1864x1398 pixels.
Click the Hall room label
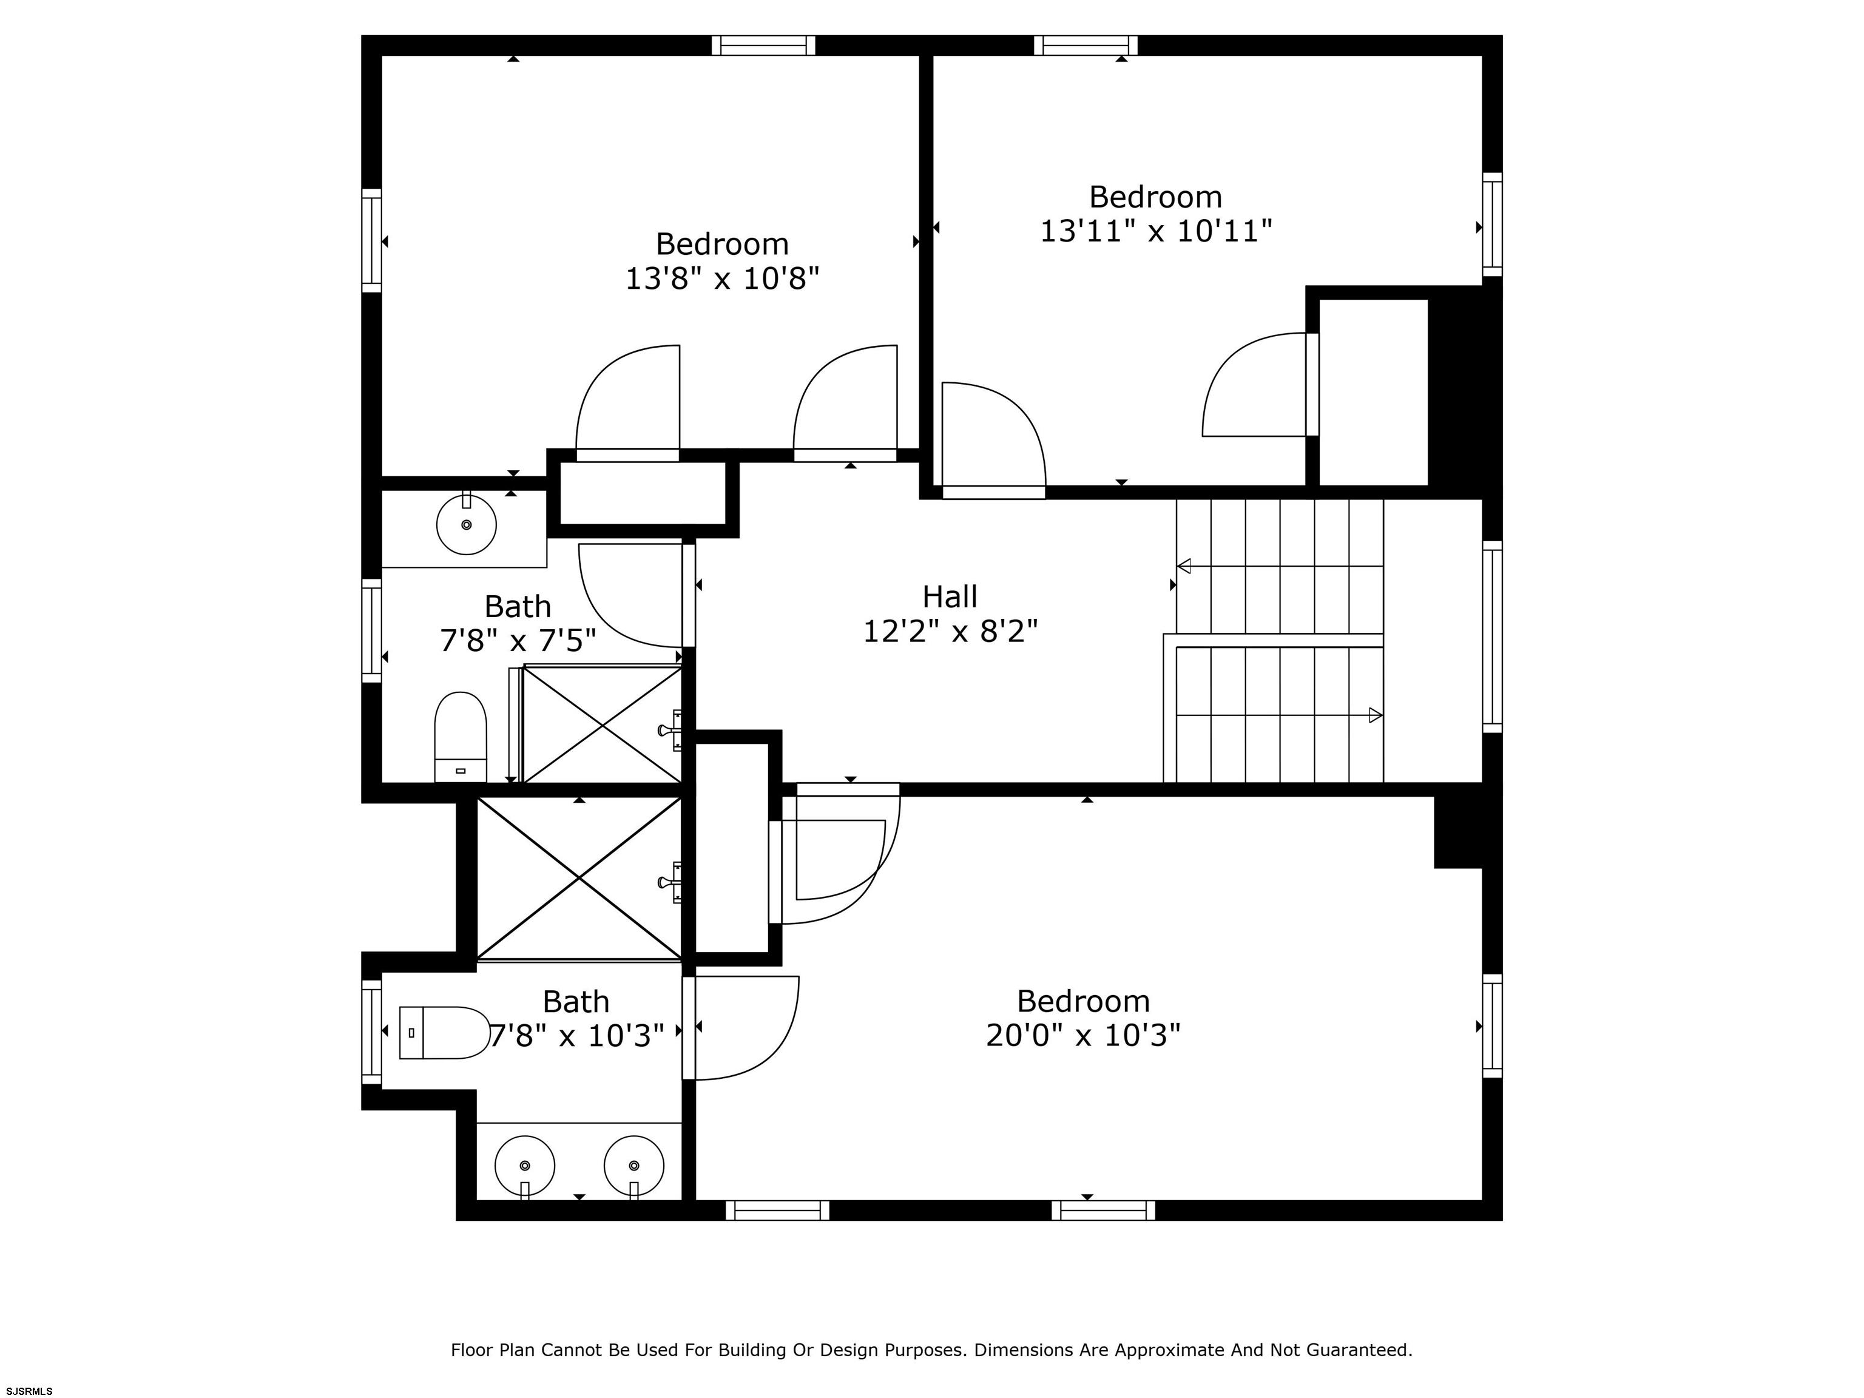point(950,596)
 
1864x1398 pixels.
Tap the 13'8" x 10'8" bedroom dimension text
point(722,278)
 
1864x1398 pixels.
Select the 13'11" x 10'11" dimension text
point(1155,230)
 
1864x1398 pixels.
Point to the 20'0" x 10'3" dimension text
point(1083,1035)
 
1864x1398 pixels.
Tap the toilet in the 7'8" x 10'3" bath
point(444,1032)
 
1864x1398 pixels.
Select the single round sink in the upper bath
point(466,524)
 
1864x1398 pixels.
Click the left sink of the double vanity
point(525,1166)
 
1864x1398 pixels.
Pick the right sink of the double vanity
point(633,1166)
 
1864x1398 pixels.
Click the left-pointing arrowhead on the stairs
point(1184,566)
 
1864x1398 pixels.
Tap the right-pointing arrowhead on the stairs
point(1376,715)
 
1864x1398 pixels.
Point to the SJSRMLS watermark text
point(30,1391)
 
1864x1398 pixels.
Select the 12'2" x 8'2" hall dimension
point(950,631)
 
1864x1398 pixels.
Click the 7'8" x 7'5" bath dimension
point(518,641)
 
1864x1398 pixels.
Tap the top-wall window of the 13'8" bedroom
point(763,46)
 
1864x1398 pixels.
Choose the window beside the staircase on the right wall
point(1493,637)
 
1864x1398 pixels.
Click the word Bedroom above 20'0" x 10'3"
point(1083,1001)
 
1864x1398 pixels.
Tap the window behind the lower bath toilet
point(371,1032)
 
